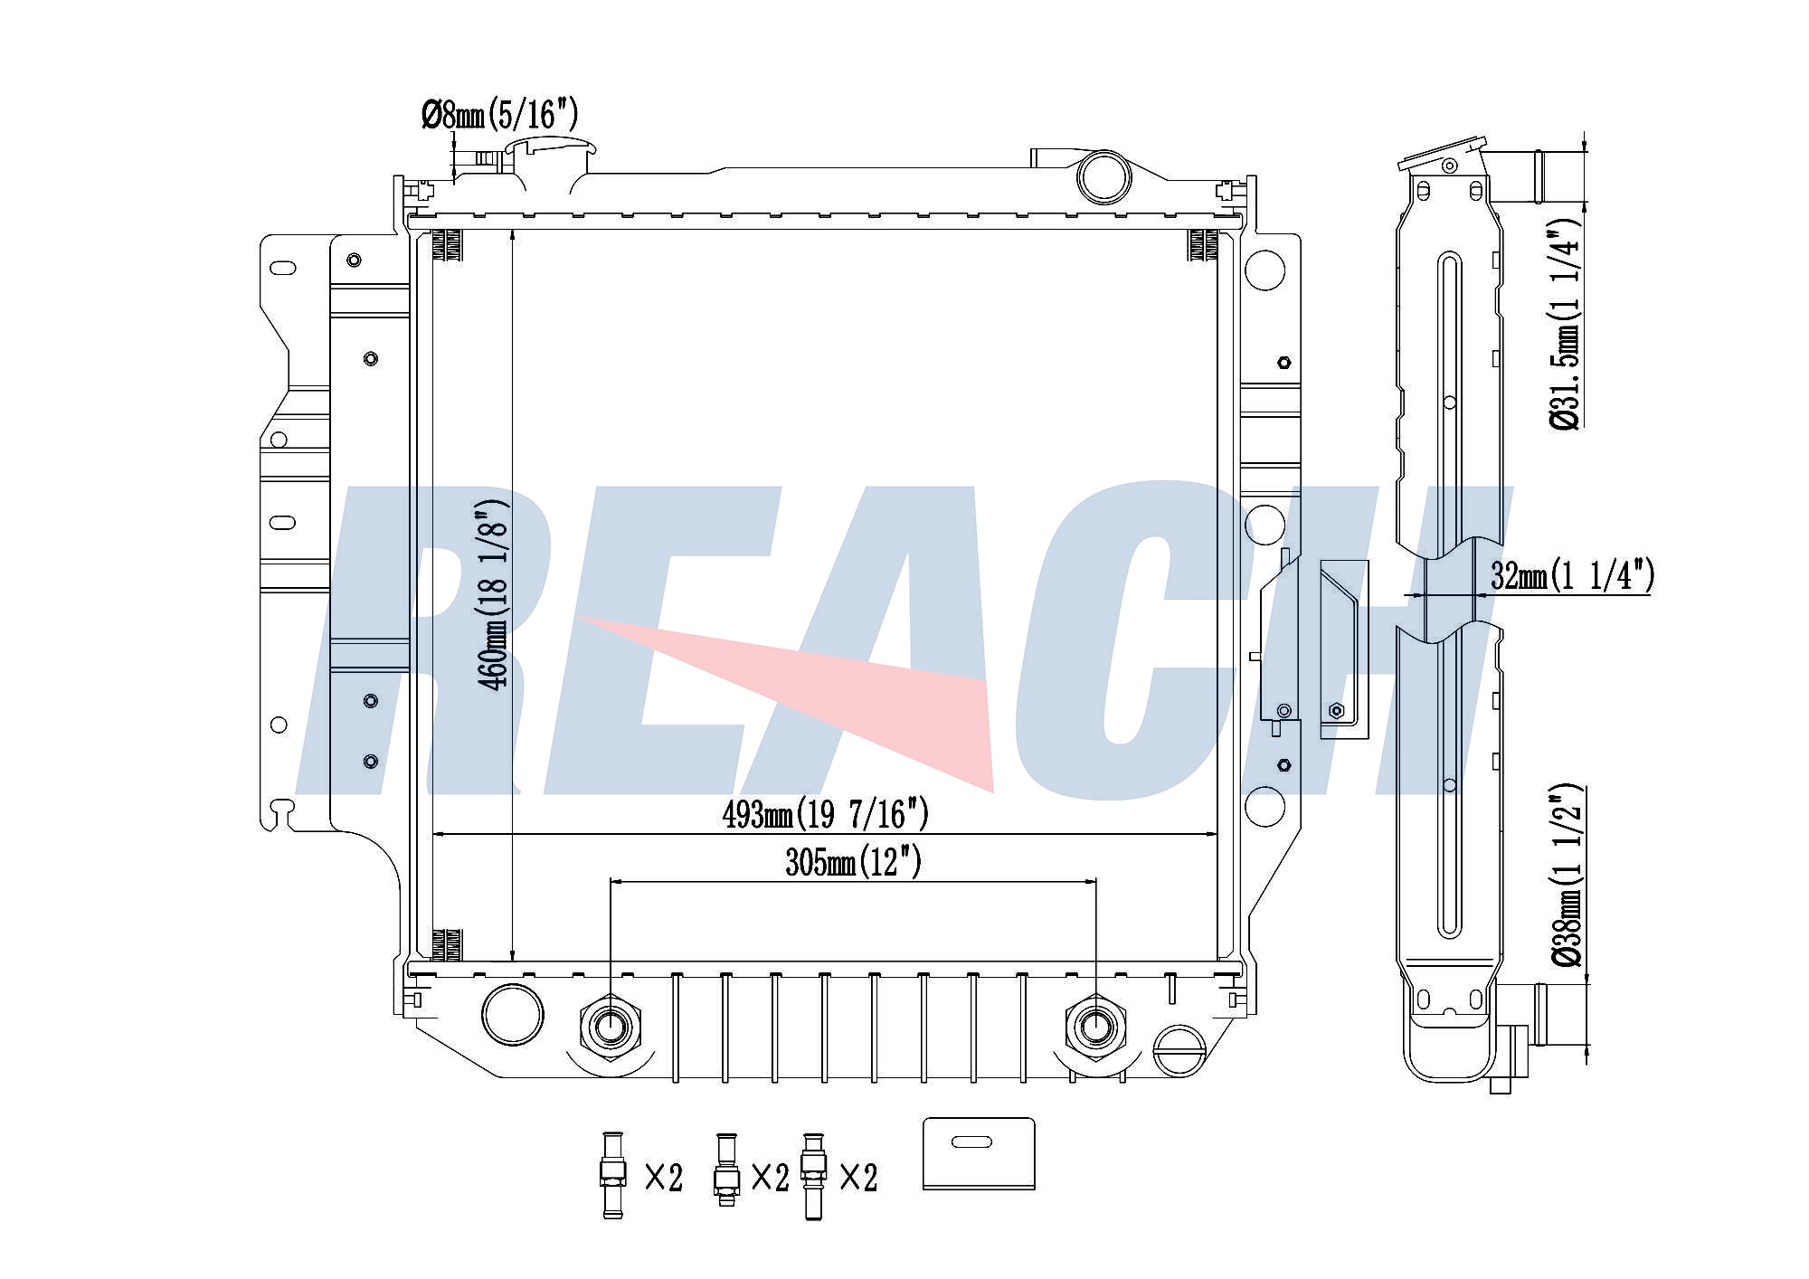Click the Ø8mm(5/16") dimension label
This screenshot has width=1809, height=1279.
(x=499, y=116)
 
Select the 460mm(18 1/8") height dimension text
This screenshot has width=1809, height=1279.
(x=496, y=595)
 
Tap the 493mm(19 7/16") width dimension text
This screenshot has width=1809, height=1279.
(x=825, y=815)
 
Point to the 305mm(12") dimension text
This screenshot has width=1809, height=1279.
(x=853, y=863)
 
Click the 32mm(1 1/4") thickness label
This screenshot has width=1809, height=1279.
(x=1572, y=575)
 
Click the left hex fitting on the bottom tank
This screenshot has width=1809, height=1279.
(x=610, y=1028)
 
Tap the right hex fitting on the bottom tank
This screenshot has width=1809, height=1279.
(x=1096, y=1028)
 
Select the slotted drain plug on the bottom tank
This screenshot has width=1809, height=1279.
(x=1179, y=1050)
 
